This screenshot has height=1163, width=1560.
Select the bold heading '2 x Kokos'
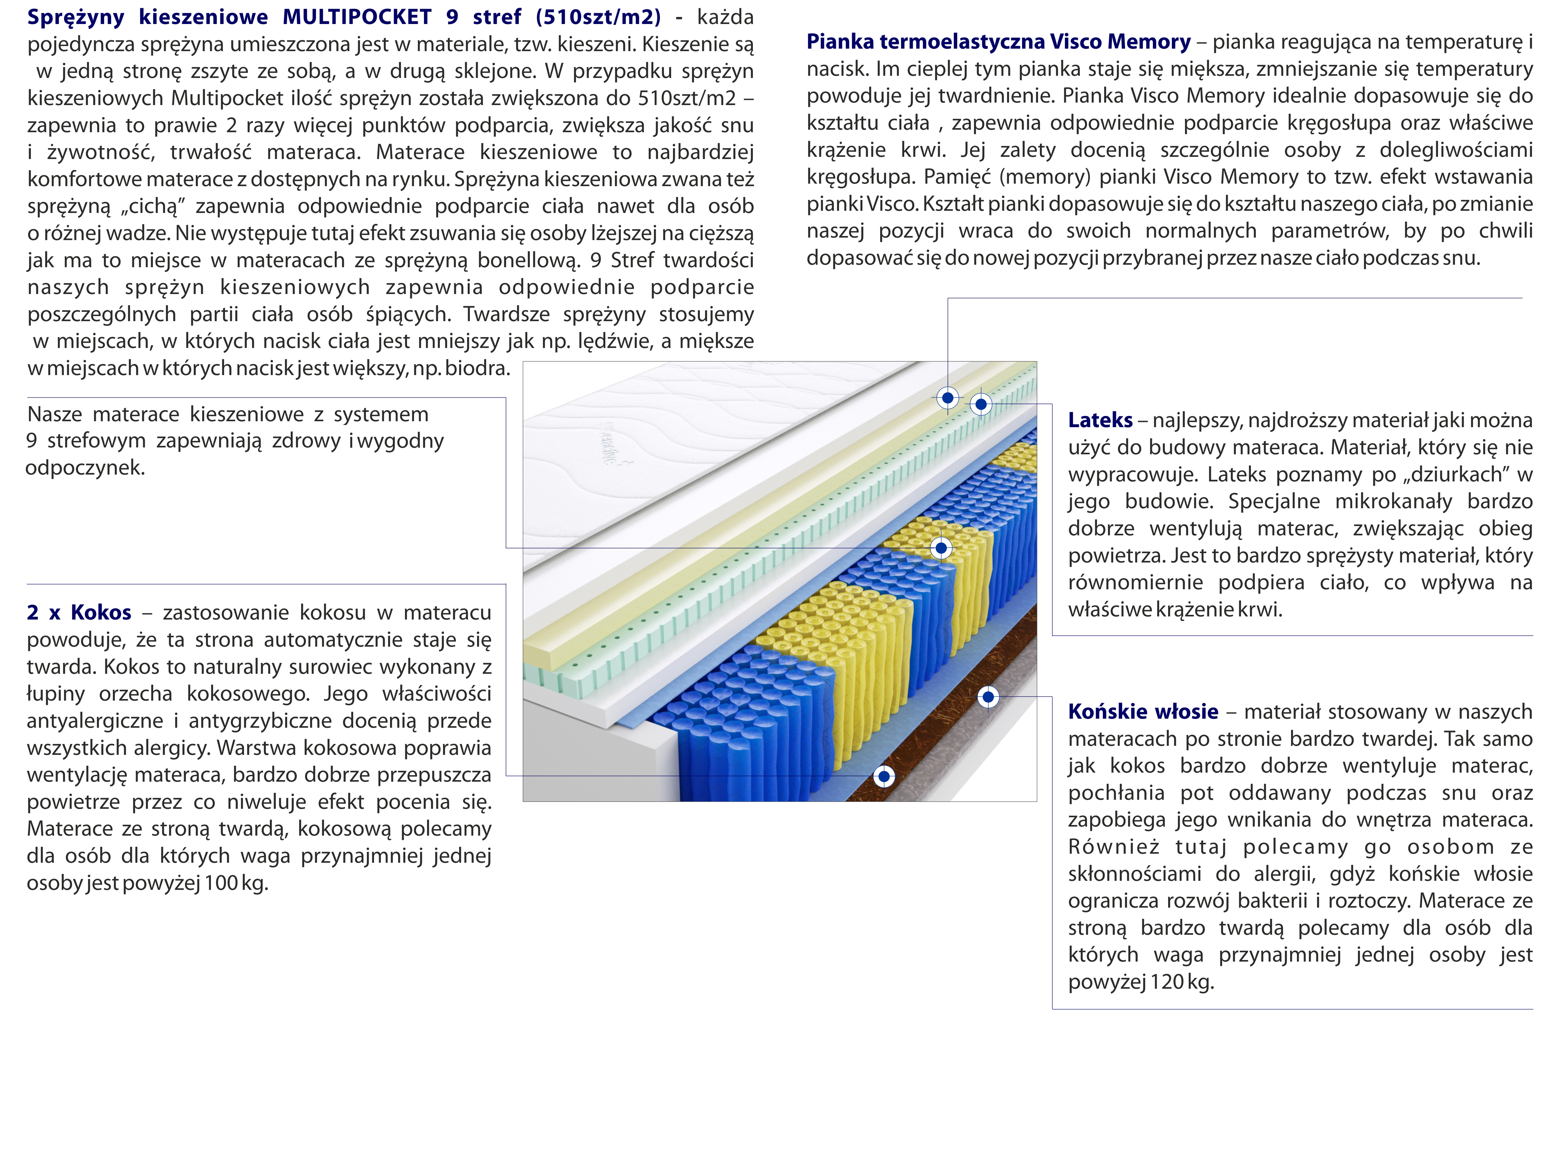pyautogui.click(x=79, y=612)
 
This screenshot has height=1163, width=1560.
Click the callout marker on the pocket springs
pyautogui.click(x=941, y=548)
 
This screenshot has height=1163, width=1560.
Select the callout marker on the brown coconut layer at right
pyautogui.click(x=988, y=697)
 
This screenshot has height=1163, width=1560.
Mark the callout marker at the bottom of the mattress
pyautogui.click(x=884, y=776)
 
